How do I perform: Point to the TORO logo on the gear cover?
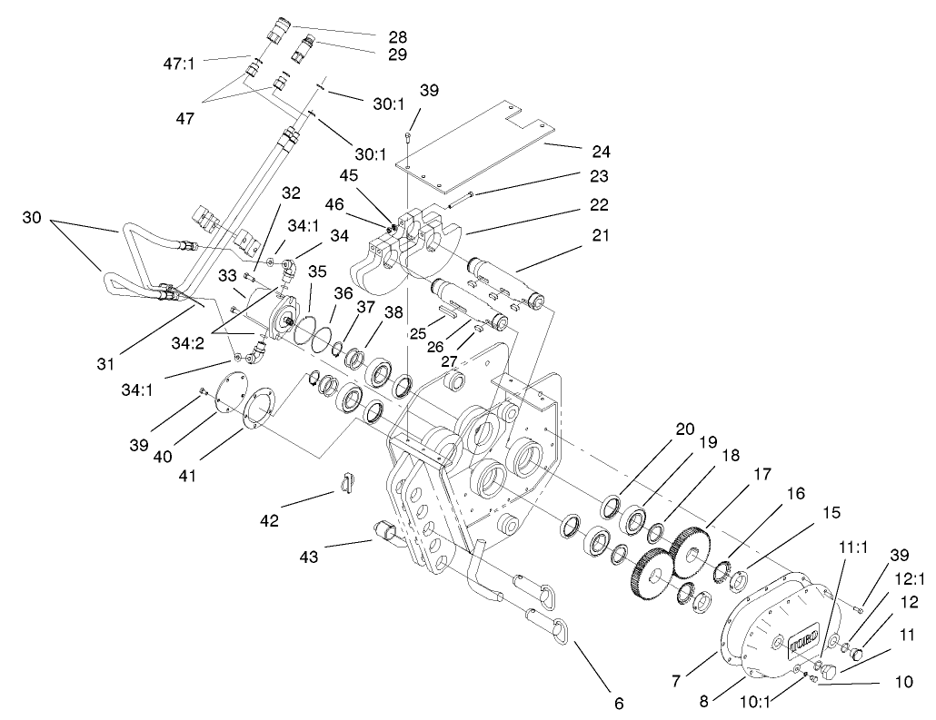pyautogui.click(x=804, y=633)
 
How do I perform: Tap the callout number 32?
pyautogui.click(x=290, y=192)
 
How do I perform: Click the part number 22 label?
pyautogui.click(x=598, y=205)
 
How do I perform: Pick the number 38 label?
pyautogui.click(x=394, y=311)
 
